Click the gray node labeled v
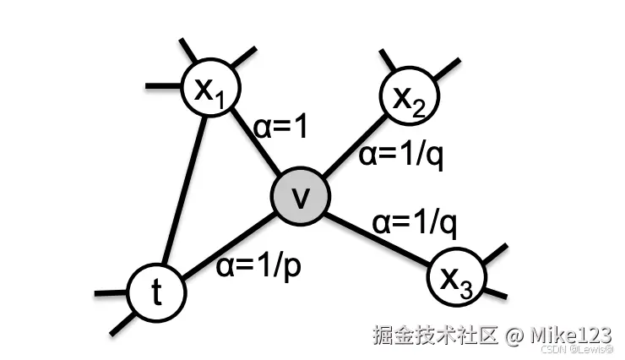pyautogui.click(x=300, y=197)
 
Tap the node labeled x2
pyautogui.click(x=409, y=95)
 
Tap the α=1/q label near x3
pyautogui.click(x=415, y=221)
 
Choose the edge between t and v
pyautogui.click(x=228, y=245)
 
